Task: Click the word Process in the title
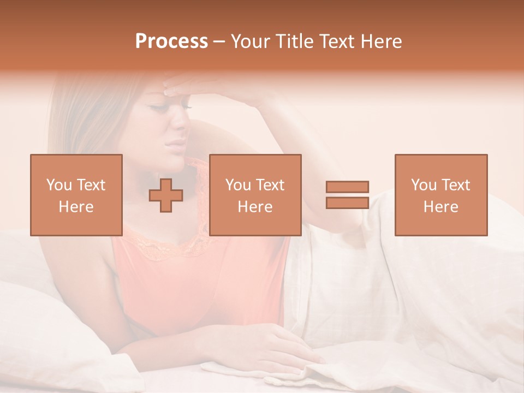[x=171, y=41]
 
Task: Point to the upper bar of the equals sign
[x=347, y=187]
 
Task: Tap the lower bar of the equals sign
[x=347, y=203]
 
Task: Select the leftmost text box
[x=76, y=195]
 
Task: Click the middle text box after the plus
[x=255, y=195]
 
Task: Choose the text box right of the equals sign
[x=440, y=195]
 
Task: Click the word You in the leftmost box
[x=58, y=185]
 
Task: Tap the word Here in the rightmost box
[x=440, y=207]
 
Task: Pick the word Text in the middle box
[x=270, y=185]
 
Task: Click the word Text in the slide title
[x=335, y=41]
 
